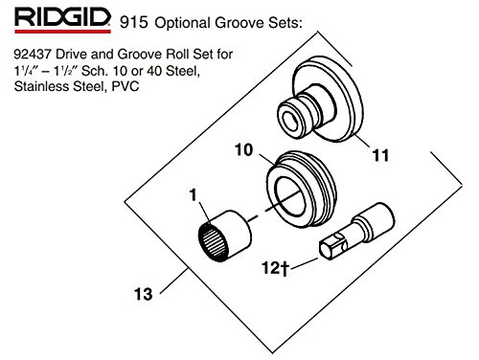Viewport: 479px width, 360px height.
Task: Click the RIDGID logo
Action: pyautogui.click(x=62, y=20)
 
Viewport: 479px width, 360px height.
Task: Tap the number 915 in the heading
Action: pyautogui.click(x=134, y=22)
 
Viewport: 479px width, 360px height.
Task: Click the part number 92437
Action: pyautogui.click(x=33, y=54)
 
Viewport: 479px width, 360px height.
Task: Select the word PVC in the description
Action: pyautogui.click(x=125, y=86)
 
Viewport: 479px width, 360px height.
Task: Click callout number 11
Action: pyautogui.click(x=380, y=155)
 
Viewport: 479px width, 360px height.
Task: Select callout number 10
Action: pyautogui.click(x=243, y=149)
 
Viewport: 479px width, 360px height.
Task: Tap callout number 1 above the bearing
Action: pyautogui.click(x=194, y=194)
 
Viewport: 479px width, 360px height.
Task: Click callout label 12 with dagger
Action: pyautogui.click(x=275, y=267)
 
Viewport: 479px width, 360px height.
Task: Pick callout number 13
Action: pyautogui.click(x=143, y=294)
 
